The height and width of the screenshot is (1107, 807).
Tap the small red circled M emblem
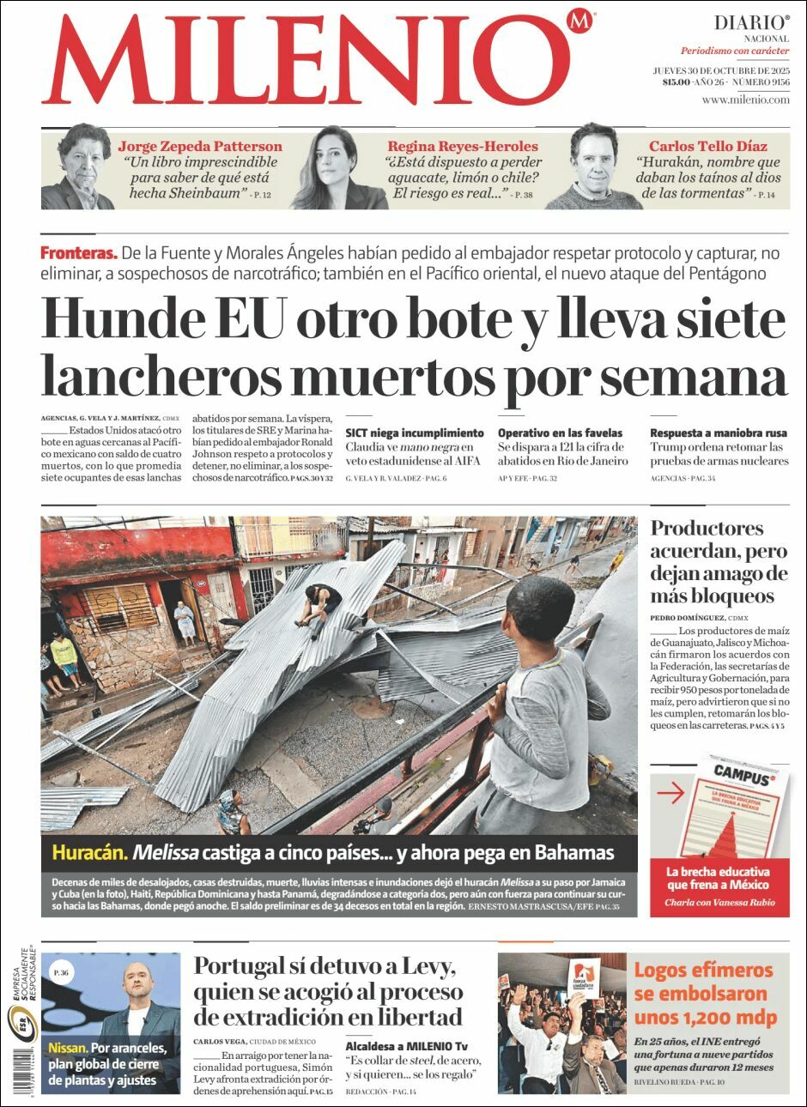[x=581, y=21]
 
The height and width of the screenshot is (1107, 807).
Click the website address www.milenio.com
[x=744, y=100]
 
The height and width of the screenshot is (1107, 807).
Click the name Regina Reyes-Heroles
[x=462, y=146]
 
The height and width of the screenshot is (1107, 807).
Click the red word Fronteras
[x=78, y=253]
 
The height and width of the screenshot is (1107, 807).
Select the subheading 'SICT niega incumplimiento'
[x=415, y=433]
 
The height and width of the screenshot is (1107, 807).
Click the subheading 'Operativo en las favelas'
[x=560, y=433]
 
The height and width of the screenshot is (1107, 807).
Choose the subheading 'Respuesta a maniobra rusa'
[x=718, y=433]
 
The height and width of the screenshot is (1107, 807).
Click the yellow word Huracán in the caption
[x=89, y=852]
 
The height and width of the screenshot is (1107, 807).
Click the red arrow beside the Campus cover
[x=670, y=794]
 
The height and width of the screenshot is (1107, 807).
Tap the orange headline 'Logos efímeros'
[x=703, y=971]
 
